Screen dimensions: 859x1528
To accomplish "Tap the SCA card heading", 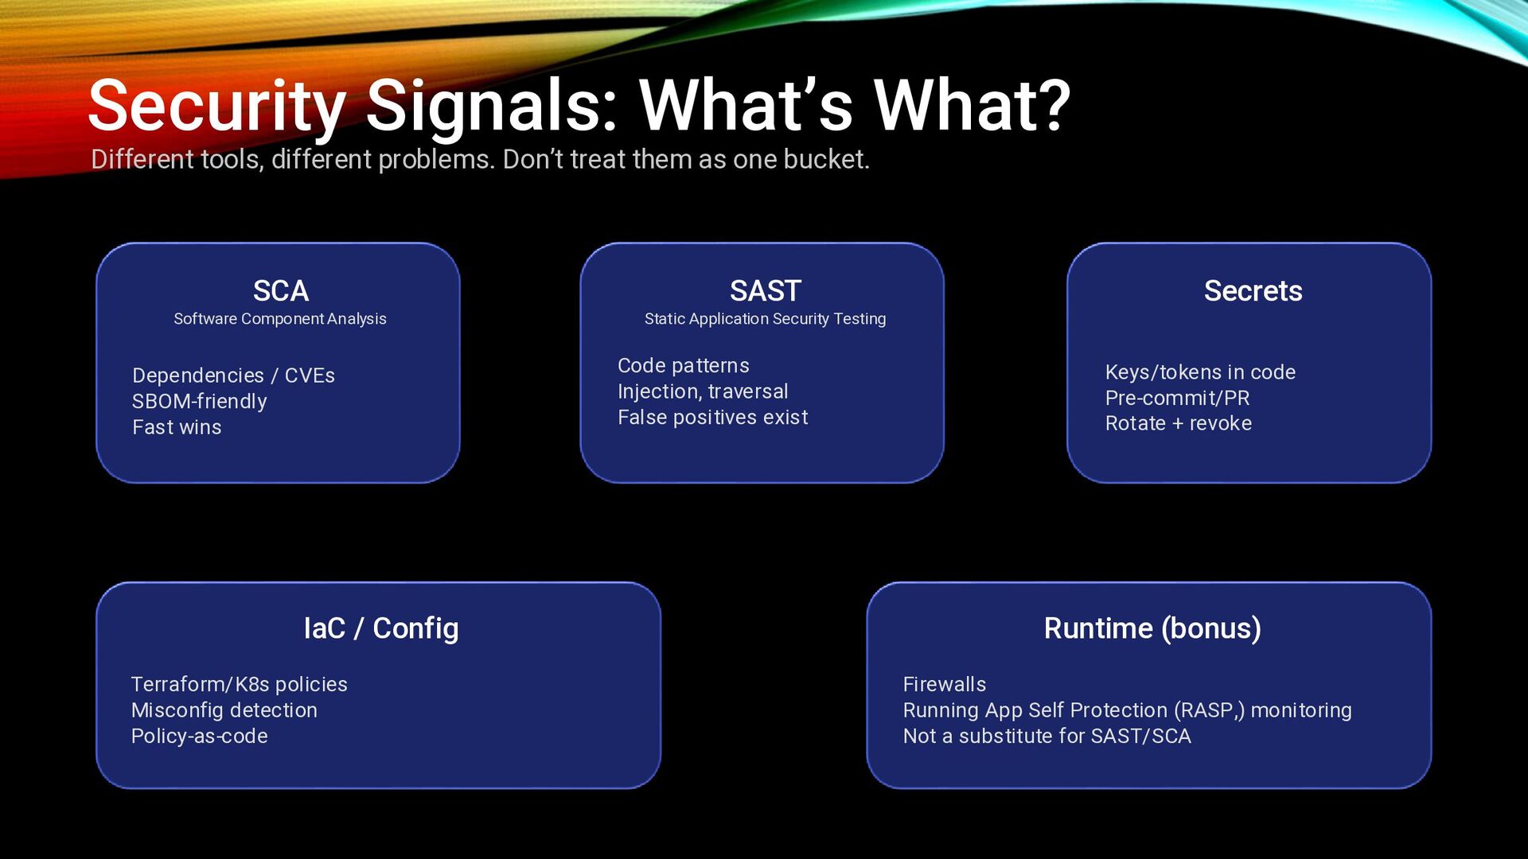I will [281, 291].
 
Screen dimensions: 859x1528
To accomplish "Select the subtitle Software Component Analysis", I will [280, 319].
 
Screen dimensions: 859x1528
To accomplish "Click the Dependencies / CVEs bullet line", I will [233, 375].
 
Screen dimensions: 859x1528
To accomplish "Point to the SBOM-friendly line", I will [199, 402].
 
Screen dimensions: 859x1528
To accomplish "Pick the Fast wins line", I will [177, 428].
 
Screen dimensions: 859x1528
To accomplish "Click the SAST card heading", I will [765, 291].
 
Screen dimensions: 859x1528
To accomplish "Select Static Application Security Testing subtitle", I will [765, 319].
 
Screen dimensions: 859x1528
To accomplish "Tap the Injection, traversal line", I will [703, 392].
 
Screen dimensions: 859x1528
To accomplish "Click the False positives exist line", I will [712, 418].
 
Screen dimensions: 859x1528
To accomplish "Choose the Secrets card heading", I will [1253, 291].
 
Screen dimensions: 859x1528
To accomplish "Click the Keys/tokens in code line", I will [1200, 372].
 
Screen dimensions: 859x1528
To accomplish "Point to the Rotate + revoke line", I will [1178, 424].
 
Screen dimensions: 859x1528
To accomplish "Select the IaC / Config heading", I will [381, 628].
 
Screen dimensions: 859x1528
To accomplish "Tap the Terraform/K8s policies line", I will [239, 685].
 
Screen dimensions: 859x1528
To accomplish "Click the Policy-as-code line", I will [199, 737].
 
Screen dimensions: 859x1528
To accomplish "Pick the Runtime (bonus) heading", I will [1152, 628].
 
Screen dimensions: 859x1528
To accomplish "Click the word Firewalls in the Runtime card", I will [944, 685].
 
